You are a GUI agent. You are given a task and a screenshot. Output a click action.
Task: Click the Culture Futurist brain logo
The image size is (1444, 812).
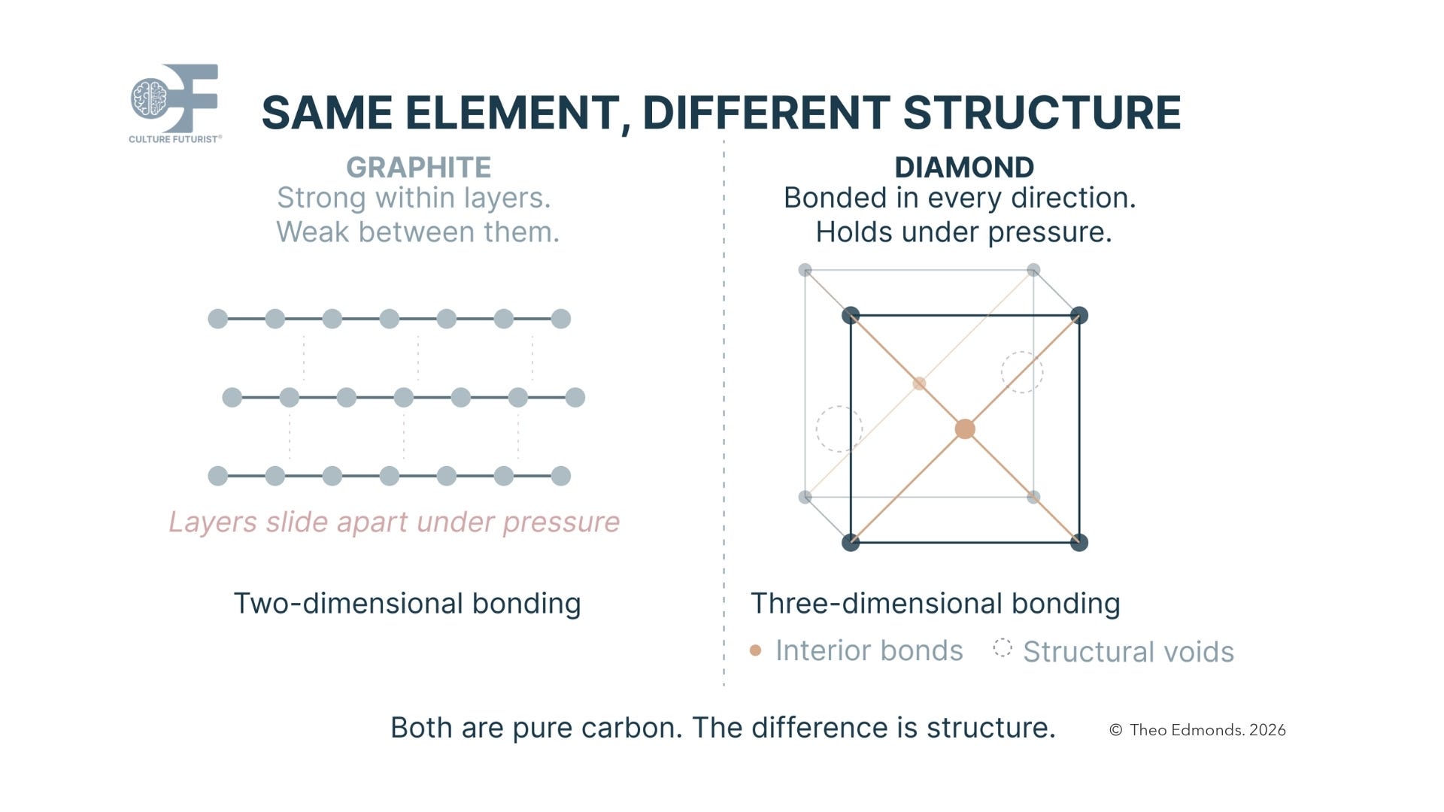coord(150,98)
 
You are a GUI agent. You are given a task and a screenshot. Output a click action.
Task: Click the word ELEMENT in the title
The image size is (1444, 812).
coord(511,113)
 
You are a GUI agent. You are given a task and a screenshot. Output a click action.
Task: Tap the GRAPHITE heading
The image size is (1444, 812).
coord(418,167)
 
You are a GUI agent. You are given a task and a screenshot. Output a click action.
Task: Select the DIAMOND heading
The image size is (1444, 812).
coord(963,167)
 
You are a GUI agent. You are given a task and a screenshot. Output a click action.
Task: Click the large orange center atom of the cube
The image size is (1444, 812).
coord(965,429)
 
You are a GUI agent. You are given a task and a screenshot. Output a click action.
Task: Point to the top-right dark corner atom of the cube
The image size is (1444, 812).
coord(1079,316)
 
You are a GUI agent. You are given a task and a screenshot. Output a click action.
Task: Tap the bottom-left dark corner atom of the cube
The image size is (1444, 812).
coord(851,542)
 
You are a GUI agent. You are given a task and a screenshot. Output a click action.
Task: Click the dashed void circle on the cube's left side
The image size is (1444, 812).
coord(839,429)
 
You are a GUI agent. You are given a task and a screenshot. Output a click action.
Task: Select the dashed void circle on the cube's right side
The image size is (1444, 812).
coord(1022,372)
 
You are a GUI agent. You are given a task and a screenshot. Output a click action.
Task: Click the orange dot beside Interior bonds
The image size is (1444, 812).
coord(756,650)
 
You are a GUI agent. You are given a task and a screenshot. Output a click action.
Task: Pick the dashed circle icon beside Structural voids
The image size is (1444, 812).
coord(1003,648)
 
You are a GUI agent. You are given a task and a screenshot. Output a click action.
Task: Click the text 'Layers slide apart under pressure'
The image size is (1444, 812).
coord(394,522)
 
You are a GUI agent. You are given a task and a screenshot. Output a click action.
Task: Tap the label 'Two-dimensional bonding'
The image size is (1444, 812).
coord(407,603)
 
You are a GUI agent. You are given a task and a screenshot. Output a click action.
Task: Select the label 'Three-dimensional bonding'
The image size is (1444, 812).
coord(935,603)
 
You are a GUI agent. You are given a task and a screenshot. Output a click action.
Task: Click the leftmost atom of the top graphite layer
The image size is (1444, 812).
coord(217,319)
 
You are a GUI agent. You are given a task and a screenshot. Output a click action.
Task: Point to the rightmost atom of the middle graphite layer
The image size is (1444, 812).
coord(575,398)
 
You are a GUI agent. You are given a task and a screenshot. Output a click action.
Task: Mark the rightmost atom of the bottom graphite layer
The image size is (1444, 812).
coord(561,476)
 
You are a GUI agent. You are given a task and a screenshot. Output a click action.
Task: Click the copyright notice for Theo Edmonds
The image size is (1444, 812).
coord(1197,730)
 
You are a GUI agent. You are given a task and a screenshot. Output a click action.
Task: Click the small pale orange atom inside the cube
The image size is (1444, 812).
coord(919,383)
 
